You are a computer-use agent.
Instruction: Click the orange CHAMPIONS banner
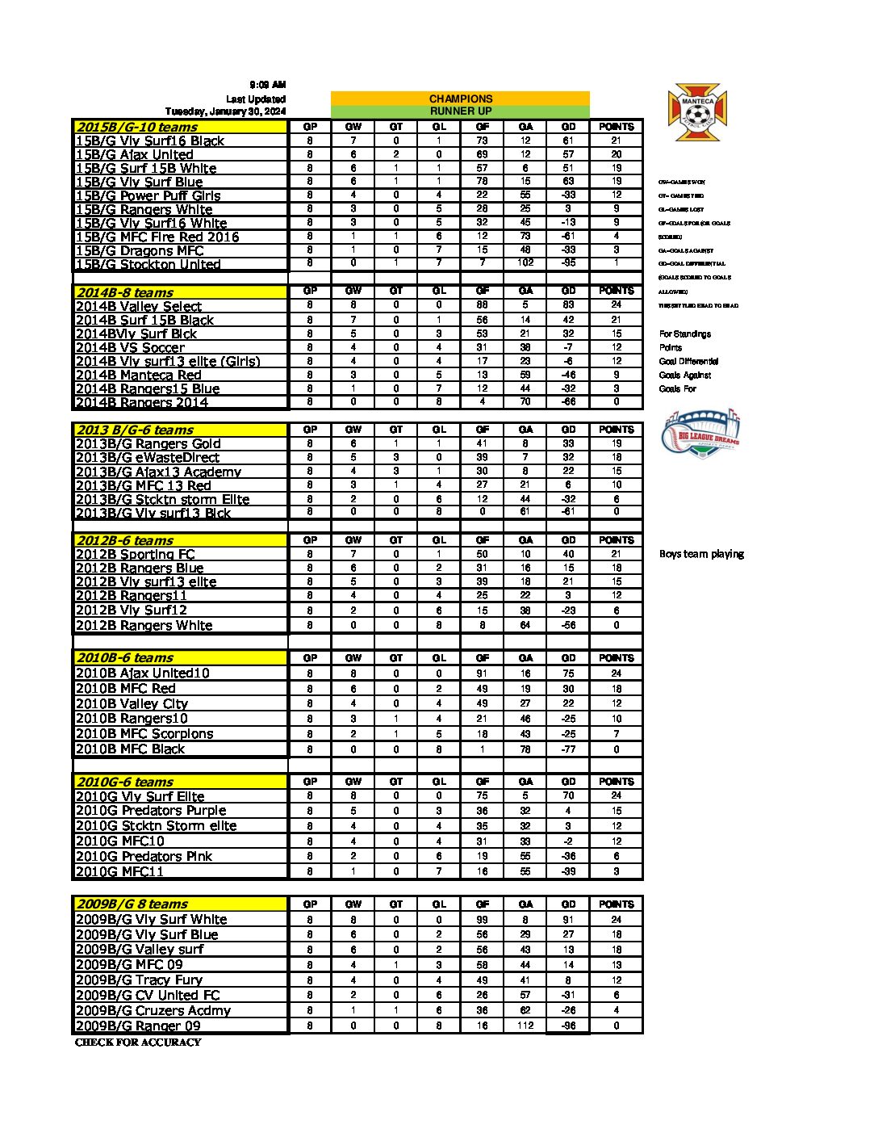tap(460, 99)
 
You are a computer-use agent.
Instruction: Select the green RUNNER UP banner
tap(460, 111)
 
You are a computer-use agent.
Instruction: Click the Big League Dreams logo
tap(700, 434)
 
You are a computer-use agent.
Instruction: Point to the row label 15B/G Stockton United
tap(148, 264)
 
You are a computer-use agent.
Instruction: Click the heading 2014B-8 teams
tap(124, 292)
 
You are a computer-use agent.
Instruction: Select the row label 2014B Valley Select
tap(138, 306)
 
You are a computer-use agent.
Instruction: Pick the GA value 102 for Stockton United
tap(525, 262)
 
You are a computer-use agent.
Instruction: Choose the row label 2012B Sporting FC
tap(135, 554)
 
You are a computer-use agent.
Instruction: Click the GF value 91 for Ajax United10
tap(482, 673)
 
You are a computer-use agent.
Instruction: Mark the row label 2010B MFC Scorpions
tap(144, 733)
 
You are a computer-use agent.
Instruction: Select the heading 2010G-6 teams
tap(124, 782)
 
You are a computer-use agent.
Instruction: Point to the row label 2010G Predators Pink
tap(144, 856)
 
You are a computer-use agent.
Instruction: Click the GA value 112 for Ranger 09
tap(525, 1026)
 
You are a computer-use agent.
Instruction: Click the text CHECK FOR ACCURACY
tap(138, 1043)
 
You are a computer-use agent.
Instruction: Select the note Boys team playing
tap(701, 554)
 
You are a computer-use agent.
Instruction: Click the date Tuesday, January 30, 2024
tap(225, 111)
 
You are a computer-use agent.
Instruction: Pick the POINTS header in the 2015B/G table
tap(617, 127)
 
